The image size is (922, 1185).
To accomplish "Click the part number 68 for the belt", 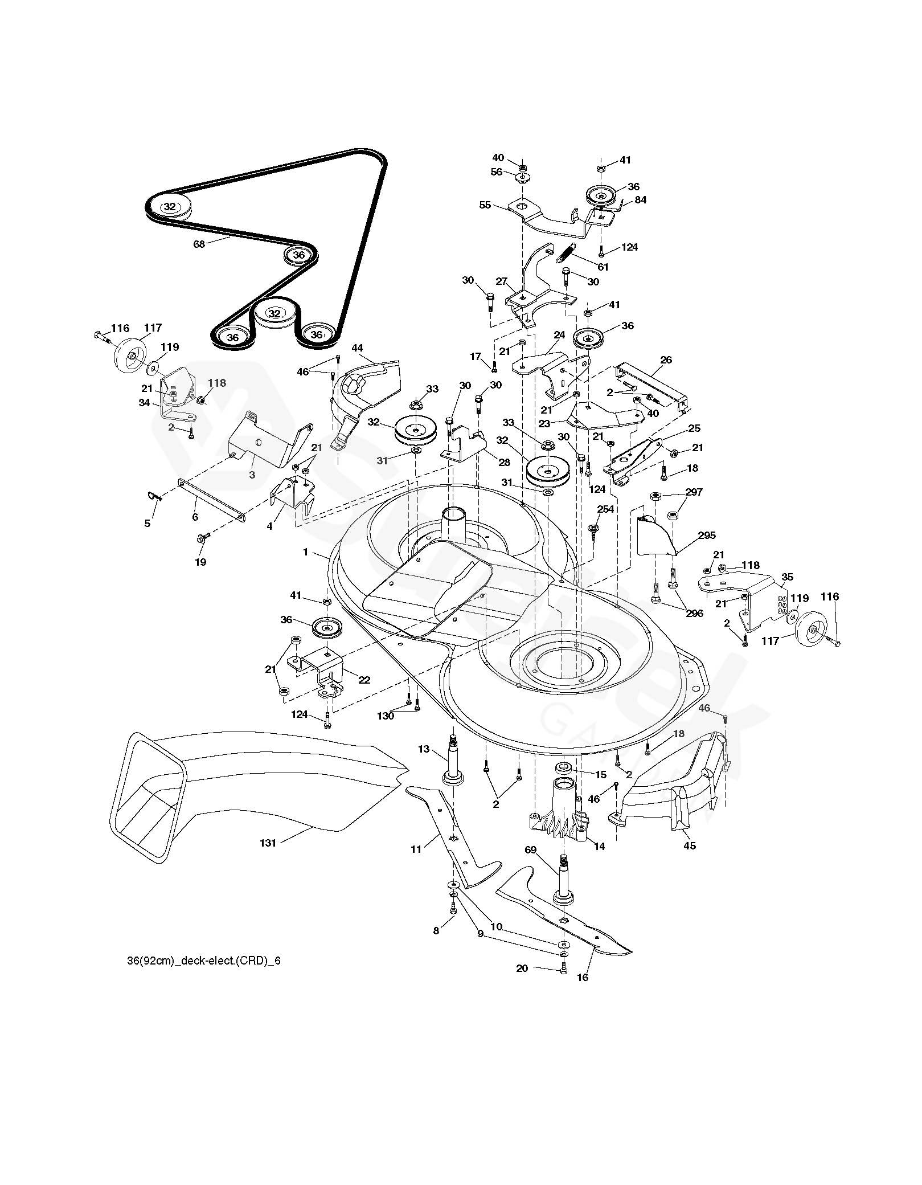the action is pyautogui.click(x=199, y=244).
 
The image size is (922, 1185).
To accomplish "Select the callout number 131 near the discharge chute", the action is pyautogui.click(x=268, y=859).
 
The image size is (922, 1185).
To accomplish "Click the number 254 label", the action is pyautogui.click(x=605, y=509).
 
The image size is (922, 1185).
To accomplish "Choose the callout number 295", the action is pyautogui.click(x=707, y=536).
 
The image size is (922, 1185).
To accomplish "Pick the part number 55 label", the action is pyautogui.click(x=485, y=205).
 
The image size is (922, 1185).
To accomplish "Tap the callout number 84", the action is pyautogui.click(x=641, y=200).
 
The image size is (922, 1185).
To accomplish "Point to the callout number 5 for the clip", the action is pyautogui.click(x=147, y=523).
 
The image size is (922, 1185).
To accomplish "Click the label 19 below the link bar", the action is pyautogui.click(x=200, y=562).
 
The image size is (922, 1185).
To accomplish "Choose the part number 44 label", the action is pyautogui.click(x=357, y=348).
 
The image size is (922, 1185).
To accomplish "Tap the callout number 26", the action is pyautogui.click(x=666, y=359).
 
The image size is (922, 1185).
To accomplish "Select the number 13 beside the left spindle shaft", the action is pyautogui.click(x=424, y=749).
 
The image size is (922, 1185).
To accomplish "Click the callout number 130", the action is pyautogui.click(x=386, y=716).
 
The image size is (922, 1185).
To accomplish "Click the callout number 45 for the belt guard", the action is pyautogui.click(x=690, y=861).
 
